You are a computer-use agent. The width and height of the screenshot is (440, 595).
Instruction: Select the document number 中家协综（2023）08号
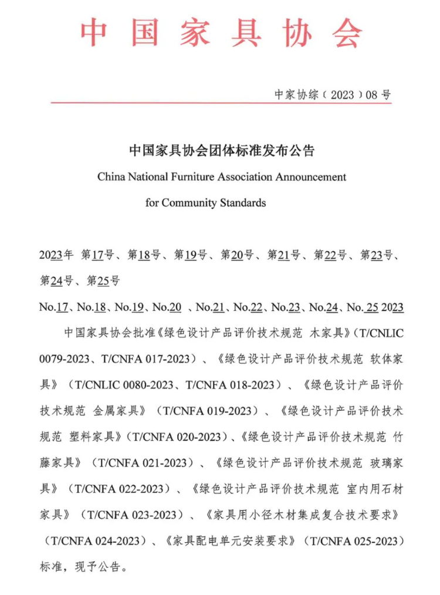click(333, 95)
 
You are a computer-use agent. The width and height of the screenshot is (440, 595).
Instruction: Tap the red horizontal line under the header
click(221, 103)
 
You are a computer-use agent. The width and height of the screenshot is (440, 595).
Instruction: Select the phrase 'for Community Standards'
click(205, 203)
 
